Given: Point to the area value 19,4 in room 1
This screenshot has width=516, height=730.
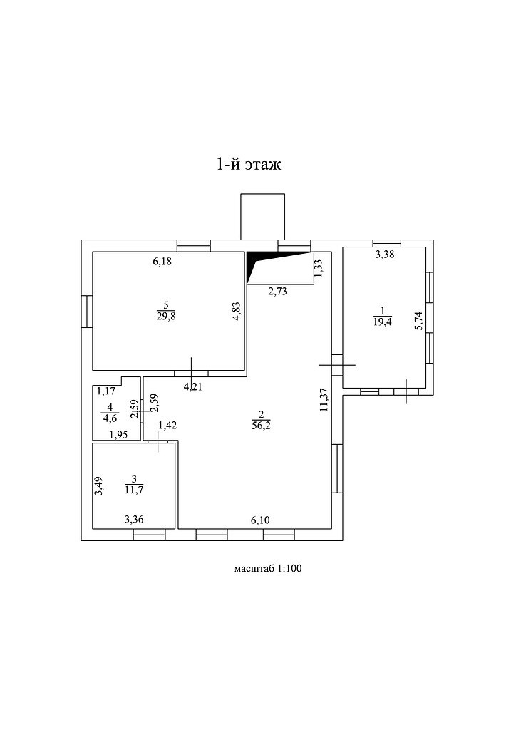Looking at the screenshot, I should [382, 322].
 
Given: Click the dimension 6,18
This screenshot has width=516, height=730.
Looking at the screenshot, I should [162, 262].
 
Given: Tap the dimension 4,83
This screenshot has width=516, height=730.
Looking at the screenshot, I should [237, 312].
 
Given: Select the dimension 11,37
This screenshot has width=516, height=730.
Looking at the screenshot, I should [324, 399].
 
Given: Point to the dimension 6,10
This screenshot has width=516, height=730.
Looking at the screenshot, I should [260, 520].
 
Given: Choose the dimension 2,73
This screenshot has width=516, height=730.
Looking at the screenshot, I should [278, 291].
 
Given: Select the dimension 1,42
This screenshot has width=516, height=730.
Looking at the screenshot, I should [167, 426].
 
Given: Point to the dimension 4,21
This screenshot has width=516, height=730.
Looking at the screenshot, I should [192, 388].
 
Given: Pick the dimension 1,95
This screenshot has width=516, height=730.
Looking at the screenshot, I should [118, 435].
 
